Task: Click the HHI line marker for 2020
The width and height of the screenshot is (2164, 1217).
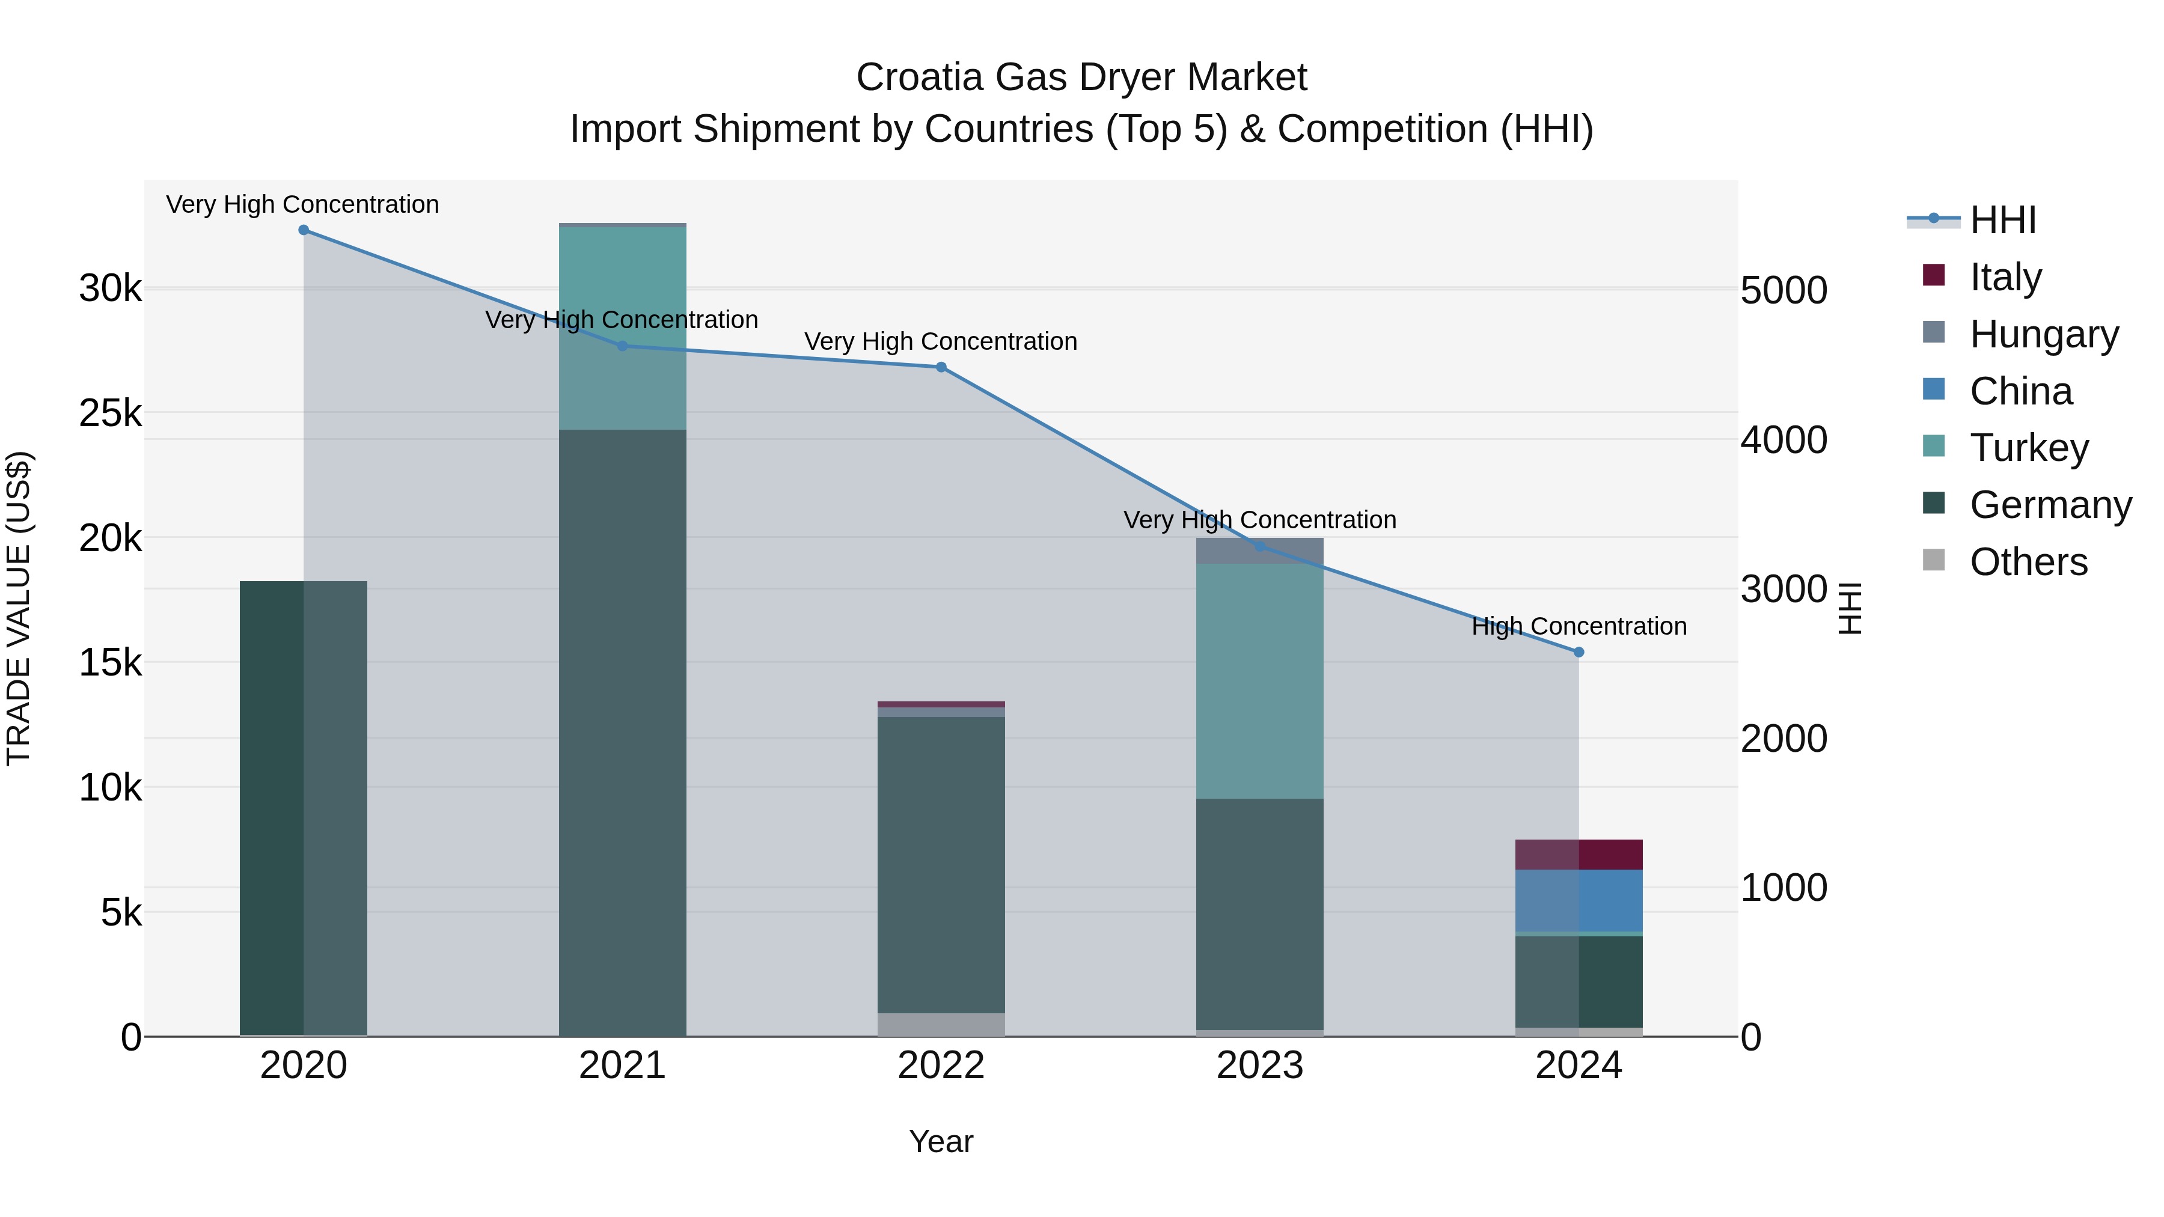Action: pos(304,230)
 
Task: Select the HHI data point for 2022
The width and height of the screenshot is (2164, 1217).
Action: pos(941,367)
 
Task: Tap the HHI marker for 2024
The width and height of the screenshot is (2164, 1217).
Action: pos(1579,651)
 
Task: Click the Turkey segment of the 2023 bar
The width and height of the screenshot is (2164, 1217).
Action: pos(1259,680)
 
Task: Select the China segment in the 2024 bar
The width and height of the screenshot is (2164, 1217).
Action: pos(1579,900)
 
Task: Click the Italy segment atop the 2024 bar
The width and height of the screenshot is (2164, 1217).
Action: pos(1579,854)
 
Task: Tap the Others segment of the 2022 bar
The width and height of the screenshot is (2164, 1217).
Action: pos(941,1024)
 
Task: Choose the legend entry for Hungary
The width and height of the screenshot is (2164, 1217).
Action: pos(2043,334)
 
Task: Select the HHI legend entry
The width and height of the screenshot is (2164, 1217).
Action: pos(2002,220)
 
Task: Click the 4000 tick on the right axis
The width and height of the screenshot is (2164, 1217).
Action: pos(1783,439)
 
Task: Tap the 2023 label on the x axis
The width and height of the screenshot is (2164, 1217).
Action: pos(1259,1066)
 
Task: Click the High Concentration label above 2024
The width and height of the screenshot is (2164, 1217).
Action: pos(1579,627)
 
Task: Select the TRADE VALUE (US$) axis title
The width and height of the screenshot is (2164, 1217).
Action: pos(19,608)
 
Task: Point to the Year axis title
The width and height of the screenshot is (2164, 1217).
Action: pos(941,1141)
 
